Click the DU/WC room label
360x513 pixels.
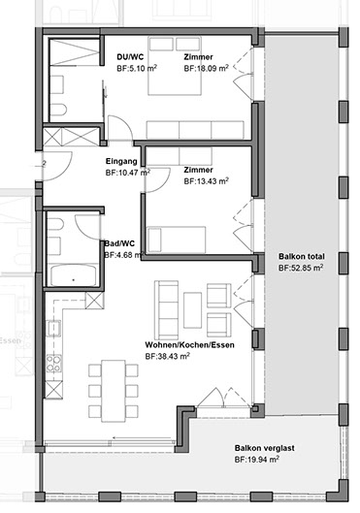pyautogui.click(x=130, y=57)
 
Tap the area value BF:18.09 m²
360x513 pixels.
pyautogui.click(x=206, y=69)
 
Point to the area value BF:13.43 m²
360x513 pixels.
pyautogui.click(x=206, y=181)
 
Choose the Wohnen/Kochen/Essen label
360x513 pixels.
pyautogui.click(x=190, y=345)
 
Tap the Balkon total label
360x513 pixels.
pyautogui.click(x=302, y=256)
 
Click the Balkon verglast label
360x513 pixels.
pyautogui.click(x=265, y=448)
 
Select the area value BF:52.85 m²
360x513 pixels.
pyautogui.click(x=301, y=268)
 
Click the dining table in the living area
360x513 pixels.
pyautogui.click(x=114, y=391)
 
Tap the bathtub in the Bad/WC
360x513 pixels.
pyautogui.click(x=74, y=275)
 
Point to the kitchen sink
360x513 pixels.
pyautogui.click(x=54, y=328)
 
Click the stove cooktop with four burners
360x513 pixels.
pyautogui.click(x=54, y=363)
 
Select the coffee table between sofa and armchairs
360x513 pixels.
pyautogui.click(x=192, y=310)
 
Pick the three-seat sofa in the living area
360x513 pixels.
pyautogui.click(x=167, y=309)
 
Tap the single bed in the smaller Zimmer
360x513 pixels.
pyautogui.click(x=177, y=240)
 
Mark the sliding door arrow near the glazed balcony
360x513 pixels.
pyautogui.click(x=142, y=437)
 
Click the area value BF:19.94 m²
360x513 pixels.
pyautogui.click(x=257, y=460)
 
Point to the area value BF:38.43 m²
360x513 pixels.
pyautogui.click(x=168, y=356)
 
